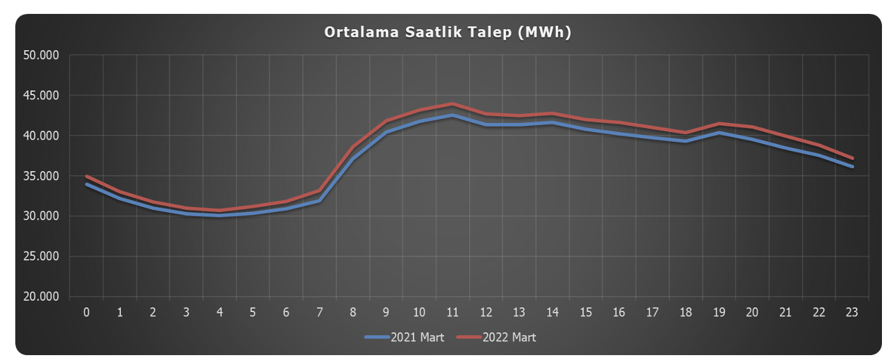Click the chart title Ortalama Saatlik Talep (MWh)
click(448, 32)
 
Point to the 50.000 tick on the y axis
click(42, 55)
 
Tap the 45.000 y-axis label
click(42, 95)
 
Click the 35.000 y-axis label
click(42, 176)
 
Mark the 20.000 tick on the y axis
click(42, 297)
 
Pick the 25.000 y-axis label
click(42, 256)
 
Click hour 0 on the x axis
click(86, 312)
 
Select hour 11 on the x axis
click(452, 312)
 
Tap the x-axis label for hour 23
click(852, 312)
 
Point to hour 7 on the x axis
click(320, 312)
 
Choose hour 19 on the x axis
click(719, 312)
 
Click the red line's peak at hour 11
click(452, 104)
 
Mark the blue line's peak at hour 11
click(452, 115)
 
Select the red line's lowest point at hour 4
click(220, 211)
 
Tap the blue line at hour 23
click(852, 167)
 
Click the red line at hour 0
click(86, 176)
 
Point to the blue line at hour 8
click(353, 158)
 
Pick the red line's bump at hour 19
click(719, 124)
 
